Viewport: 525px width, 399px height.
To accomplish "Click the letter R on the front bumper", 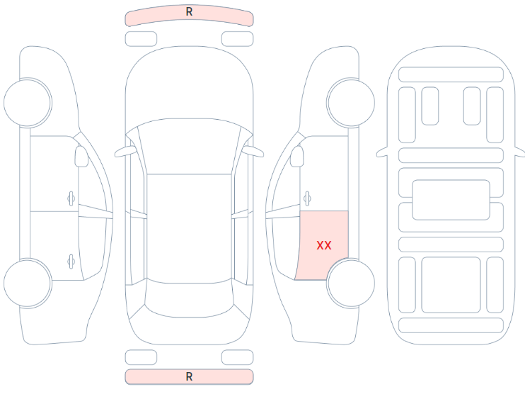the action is (189, 12).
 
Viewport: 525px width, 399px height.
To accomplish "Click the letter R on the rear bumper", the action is (189, 377).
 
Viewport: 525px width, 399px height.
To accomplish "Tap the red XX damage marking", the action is (324, 245).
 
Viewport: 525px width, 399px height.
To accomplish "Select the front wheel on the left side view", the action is (28, 103).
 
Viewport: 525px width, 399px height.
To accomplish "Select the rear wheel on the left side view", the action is (28, 283).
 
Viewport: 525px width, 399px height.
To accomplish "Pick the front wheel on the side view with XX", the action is (350, 103).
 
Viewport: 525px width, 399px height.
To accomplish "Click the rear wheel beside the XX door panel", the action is (350, 283).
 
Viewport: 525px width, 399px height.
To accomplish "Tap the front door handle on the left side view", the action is (71, 199).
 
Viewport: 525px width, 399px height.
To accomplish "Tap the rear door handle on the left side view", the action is (71, 262).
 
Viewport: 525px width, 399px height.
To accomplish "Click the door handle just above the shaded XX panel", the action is (307, 199).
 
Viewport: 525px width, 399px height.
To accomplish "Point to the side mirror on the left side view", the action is (81, 156).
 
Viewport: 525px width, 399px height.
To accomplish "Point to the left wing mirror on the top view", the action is (125, 152).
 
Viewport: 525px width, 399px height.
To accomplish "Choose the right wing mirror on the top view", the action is (253, 152).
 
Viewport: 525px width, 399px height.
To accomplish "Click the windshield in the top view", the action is (189, 147).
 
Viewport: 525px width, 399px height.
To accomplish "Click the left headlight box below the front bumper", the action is (141, 39).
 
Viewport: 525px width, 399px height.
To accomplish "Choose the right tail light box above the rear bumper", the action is (238, 357).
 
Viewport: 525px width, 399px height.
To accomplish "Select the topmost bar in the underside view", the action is (451, 74).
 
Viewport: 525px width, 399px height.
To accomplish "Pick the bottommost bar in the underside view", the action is (451, 325).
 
